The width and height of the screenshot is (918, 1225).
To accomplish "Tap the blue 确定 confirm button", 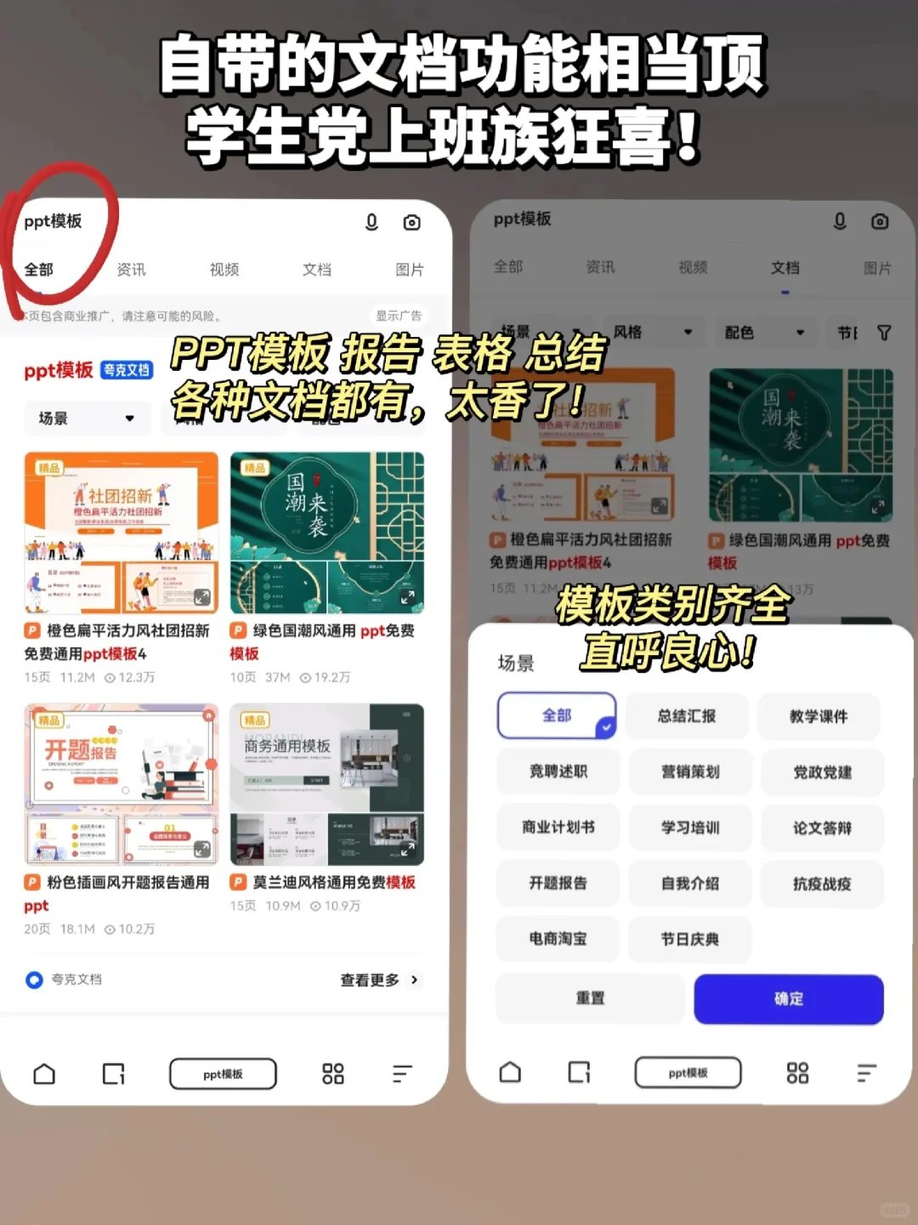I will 788,999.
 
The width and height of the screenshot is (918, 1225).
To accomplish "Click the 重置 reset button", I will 590,999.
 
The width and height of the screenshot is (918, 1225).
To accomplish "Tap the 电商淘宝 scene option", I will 558,939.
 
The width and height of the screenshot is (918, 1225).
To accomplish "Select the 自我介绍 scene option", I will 690,884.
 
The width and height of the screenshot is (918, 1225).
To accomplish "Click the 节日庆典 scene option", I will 690,939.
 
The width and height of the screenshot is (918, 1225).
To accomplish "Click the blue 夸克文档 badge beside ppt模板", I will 127,370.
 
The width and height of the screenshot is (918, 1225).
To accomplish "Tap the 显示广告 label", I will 399,316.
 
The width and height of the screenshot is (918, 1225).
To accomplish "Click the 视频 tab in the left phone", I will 224,270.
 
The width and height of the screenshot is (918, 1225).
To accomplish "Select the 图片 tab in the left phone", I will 410,270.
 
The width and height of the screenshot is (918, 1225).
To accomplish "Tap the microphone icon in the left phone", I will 371,222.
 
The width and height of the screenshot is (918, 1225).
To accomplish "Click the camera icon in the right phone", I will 880,221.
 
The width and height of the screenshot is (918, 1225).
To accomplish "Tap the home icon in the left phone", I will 44,1074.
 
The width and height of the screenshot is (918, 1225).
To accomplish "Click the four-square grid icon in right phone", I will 797,1073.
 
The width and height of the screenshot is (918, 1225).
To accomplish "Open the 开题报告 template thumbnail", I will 122,783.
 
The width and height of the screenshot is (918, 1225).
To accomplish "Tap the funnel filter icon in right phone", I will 884,333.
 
